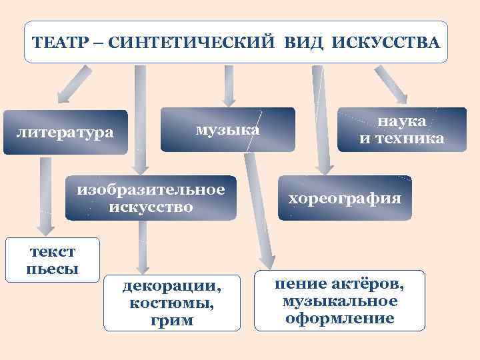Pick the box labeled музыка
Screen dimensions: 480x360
pyautogui.click(x=227, y=129)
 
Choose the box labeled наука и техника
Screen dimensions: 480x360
pyautogui.click(x=402, y=129)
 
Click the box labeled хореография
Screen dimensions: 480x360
pyautogui.click(x=345, y=198)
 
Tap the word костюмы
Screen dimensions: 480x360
pyautogui.click(x=172, y=304)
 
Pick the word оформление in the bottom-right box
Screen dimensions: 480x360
pyautogui.click(x=339, y=318)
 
